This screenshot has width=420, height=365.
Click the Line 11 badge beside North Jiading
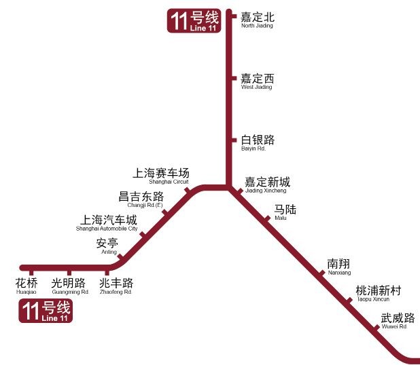pyautogui.click(x=194, y=21)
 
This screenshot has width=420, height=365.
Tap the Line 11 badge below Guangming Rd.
pyautogui.click(x=46, y=311)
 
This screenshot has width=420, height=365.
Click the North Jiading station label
pyautogui.click(x=258, y=20)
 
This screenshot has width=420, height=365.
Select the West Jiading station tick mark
pyautogui.click(x=234, y=78)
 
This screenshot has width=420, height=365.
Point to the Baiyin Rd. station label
pyautogui.click(x=258, y=143)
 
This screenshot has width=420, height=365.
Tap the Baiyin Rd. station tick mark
pyautogui.click(x=234, y=140)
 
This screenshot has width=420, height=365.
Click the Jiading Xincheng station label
pyautogui.click(x=267, y=185)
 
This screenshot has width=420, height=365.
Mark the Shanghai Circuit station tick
pyautogui.click(x=187, y=190)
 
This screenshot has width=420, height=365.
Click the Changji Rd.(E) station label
pyautogui.click(x=141, y=199)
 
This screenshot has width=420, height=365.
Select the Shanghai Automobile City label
pyautogui.click(x=107, y=223)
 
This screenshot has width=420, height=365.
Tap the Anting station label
pyautogui.click(x=107, y=246)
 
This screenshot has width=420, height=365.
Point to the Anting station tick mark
pyautogui.click(x=120, y=256)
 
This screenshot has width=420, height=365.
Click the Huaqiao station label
pyautogui.click(x=27, y=286)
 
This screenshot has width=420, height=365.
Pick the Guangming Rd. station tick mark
pyautogui.click(x=69, y=273)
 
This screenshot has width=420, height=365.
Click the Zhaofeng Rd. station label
pyautogui.click(x=116, y=286)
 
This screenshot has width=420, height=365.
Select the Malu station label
pyautogui.click(x=285, y=212)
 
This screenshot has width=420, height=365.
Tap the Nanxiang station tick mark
pyautogui.click(x=321, y=273)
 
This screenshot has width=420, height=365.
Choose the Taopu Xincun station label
pyautogui.click(x=379, y=294)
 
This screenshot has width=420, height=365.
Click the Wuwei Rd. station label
pyautogui.click(x=398, y=321)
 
